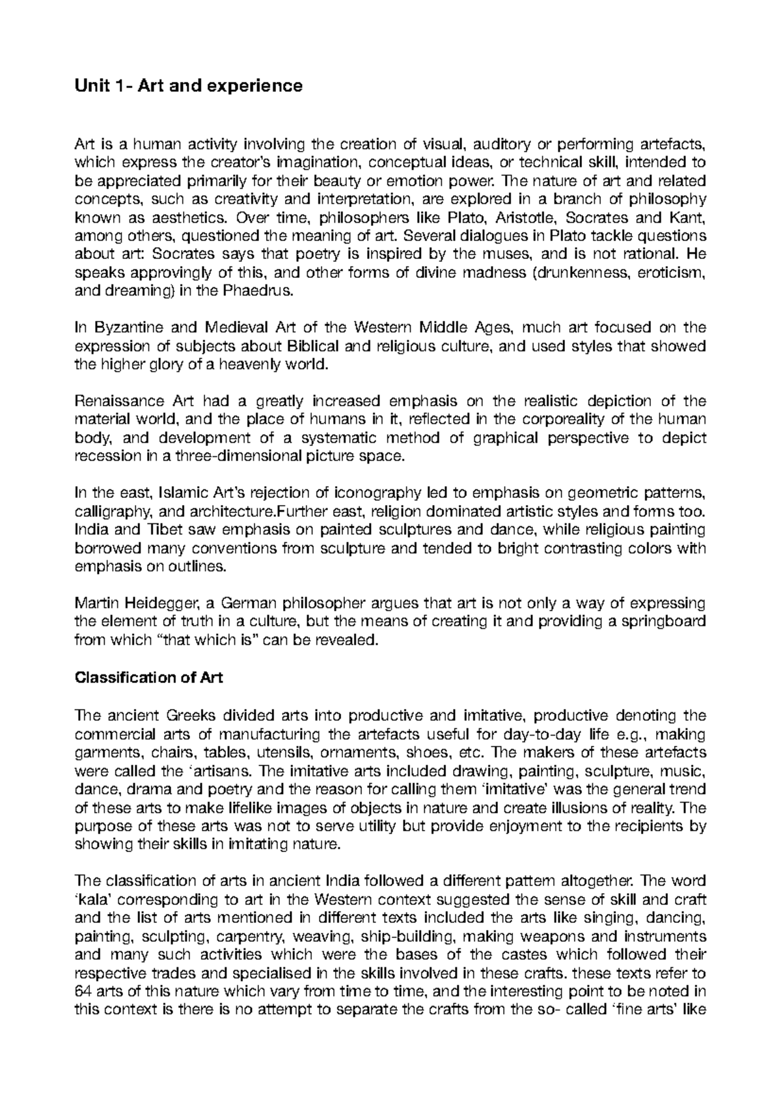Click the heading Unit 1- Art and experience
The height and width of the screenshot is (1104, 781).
189,86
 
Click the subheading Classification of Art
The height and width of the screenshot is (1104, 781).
149,678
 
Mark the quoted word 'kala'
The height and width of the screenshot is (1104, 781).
96,900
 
